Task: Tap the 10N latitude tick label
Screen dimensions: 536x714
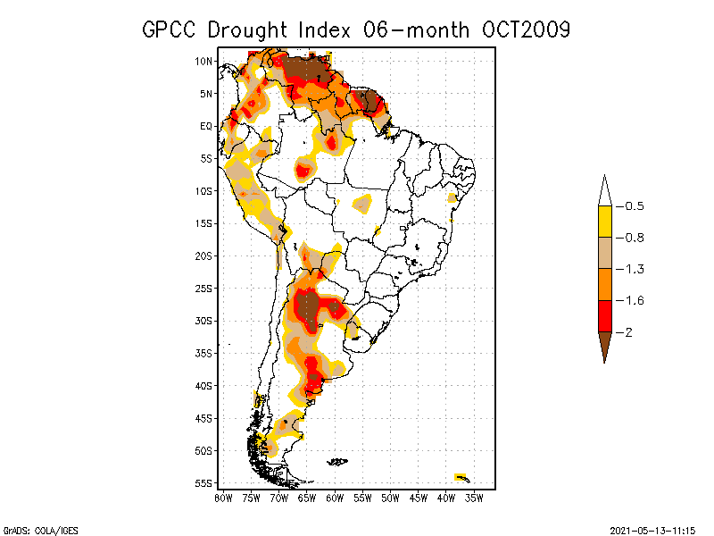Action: click(203, 61)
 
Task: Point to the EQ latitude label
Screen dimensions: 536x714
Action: click(205, 126)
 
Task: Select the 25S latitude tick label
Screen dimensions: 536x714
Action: click(203, 288)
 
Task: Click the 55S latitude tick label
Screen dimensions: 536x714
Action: click(203, 482)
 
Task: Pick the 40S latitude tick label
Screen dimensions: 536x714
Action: click(203, 385)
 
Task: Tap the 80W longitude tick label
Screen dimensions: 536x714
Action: click(223, 497)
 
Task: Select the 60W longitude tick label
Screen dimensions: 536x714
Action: click(334, 497)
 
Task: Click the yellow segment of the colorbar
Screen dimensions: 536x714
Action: click(604, 222)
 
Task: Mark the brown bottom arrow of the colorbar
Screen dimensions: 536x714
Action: click(604, 344)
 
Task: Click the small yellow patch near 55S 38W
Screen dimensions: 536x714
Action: click(461, 475)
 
